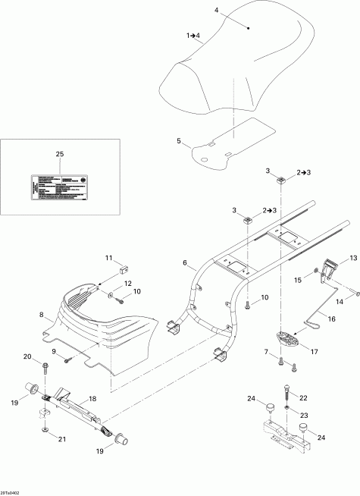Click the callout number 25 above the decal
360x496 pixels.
pyautogui.click(x=61, y=154)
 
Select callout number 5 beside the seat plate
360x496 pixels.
pyautogui.click(x=179, y=142)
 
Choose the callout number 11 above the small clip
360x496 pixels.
pyautogui.click(x=108, y=257)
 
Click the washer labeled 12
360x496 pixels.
pyautogui.click(x=111, y=292)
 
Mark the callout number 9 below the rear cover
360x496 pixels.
pyautogui.click(x=54, y=352)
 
